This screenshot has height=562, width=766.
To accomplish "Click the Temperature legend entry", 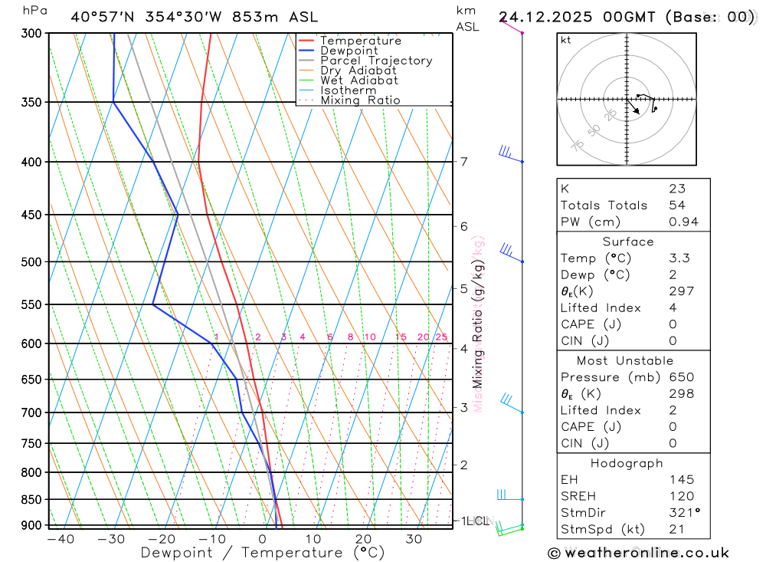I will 360,41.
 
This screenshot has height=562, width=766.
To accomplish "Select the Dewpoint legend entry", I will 349,51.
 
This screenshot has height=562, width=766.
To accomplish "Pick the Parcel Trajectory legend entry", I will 376,61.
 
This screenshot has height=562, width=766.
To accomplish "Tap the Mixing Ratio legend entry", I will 360,100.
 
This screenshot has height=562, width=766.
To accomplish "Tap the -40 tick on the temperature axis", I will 61,539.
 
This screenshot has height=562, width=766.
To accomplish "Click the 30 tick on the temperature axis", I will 414,539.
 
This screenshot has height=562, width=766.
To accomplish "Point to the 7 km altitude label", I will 463,161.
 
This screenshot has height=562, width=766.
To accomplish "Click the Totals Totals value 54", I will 676,205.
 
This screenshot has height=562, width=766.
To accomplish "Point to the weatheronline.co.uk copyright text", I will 639,553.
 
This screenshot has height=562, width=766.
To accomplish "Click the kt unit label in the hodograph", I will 566,40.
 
